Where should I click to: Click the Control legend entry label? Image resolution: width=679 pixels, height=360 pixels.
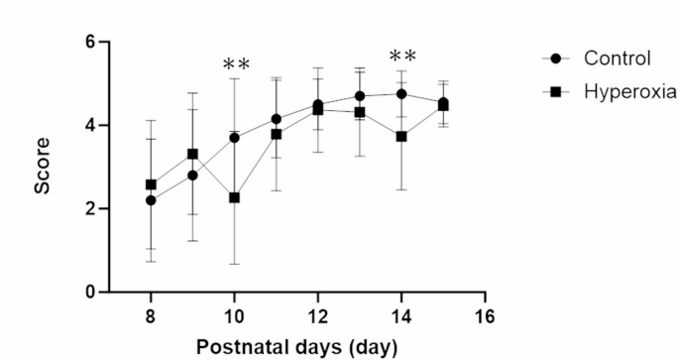tap(617, 59)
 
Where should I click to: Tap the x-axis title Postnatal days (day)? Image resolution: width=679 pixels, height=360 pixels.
tap(297, 347)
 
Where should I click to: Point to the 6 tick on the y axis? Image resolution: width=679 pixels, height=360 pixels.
tap(89, 43)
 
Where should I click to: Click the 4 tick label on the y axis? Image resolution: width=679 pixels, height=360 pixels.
tap(89, 126)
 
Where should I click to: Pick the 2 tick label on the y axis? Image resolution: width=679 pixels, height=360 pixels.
tap(89, 209)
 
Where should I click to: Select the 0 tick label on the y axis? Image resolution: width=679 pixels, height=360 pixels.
tap(89, 293)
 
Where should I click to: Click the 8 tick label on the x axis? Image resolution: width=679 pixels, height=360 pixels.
tap(151, 315)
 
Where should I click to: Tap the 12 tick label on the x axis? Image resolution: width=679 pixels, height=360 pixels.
tap(317, 315)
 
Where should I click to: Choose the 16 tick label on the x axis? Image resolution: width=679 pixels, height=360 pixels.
tap(485, 315)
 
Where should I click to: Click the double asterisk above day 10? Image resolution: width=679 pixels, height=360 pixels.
tap(236, 65)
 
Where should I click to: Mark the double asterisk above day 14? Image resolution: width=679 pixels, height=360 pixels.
tap(402, 57)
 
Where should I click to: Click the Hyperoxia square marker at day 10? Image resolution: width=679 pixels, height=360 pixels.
tap(234, 197)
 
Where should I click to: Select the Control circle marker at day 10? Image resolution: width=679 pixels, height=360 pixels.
tap(234, 138)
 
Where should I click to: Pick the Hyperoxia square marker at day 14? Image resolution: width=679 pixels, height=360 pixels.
tap(401, 137)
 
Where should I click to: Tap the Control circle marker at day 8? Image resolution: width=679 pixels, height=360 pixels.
tap(151, 200)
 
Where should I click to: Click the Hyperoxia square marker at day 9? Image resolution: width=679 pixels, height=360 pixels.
tap(192, 154)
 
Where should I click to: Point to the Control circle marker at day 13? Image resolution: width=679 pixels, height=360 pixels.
tap(360, 96)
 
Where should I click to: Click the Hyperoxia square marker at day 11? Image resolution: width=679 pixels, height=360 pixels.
tap(277, 134)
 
